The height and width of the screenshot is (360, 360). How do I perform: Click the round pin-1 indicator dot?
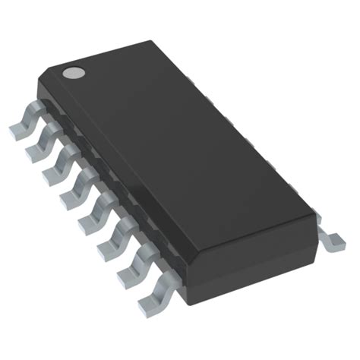tap(74, 74)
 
